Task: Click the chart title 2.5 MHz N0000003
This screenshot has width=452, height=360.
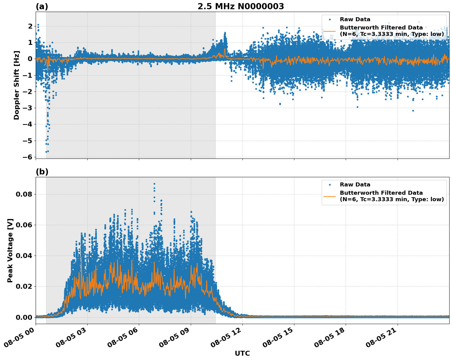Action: [241, 6]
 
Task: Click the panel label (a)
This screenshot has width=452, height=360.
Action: [42, 6]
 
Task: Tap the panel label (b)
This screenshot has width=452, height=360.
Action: [42, 172]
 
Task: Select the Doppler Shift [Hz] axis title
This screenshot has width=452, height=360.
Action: [17, 85]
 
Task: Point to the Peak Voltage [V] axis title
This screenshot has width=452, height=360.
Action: [10, 250]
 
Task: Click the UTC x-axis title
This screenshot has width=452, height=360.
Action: [242, 353]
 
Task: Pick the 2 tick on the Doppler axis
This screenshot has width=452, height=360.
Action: [30, 26]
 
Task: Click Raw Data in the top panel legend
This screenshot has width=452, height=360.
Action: [355, 19]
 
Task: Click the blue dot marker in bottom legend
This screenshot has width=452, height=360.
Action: [330, 185]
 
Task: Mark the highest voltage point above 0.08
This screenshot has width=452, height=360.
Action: [154, 184]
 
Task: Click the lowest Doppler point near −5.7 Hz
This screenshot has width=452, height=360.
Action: [46, 152]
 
